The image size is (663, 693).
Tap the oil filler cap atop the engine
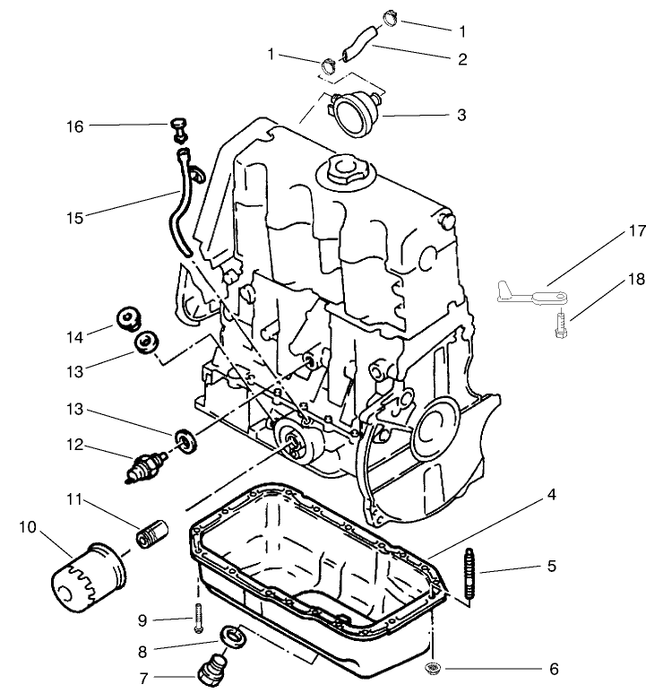[343, 170]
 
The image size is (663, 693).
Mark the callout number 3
[461, 116]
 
